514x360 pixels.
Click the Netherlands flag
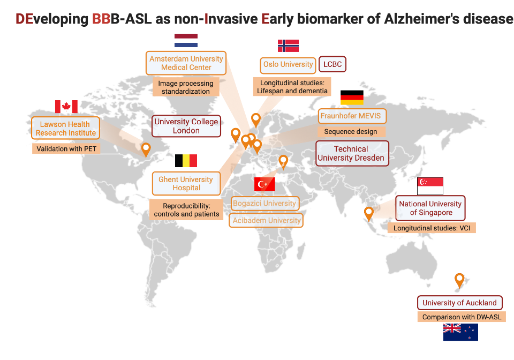[x=186, y=41]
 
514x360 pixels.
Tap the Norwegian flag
[x=288, y=46]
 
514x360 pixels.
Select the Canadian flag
[x=66, y=107]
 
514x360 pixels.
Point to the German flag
[x=352, y=97]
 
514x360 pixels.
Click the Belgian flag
[x=186, y=161]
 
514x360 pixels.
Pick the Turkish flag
[x=264, y=184]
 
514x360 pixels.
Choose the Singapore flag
[x=430, y=186]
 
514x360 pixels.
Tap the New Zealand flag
[x=460, y=332]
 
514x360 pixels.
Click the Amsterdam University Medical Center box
[x=186, y=63]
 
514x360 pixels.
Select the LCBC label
[x=332, y=64]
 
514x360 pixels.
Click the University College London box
[x=186, y=126]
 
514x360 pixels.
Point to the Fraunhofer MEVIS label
[x=353, y=116]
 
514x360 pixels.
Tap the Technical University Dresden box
[x=351, y=153]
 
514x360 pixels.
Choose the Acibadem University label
[x=267, y=220]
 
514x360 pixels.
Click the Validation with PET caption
[x=66, y=148]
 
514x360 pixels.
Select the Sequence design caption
[x=351, y=131]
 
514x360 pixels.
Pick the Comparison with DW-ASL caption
[x=462, y=317]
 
